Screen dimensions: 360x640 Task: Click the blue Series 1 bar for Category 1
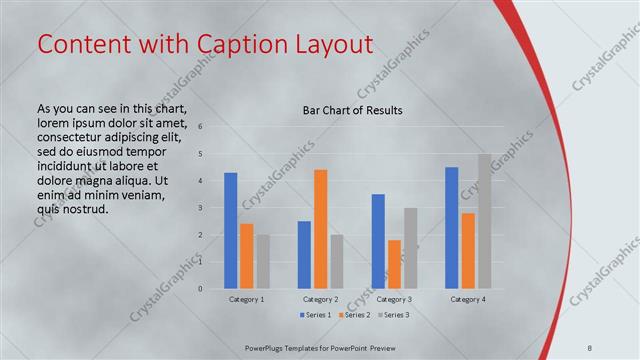tap(231, 231)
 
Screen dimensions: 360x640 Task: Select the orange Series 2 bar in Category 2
tap(321, 229)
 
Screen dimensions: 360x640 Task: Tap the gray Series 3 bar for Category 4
tap(484, 221)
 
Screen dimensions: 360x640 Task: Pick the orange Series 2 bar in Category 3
tap(394, 264)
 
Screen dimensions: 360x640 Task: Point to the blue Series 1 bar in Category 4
tap(452, 228)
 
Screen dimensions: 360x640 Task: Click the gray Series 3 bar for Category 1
tap(262, 262)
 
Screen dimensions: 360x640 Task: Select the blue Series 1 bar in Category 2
tap(304, 255)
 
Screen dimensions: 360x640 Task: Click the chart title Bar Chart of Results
tap(353, 110)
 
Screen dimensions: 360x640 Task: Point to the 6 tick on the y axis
tap(200, 127)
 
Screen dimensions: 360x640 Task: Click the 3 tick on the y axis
tap(200, 208)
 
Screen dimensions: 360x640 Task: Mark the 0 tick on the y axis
tap(200, 289)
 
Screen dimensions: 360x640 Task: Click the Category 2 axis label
tap(320, 299)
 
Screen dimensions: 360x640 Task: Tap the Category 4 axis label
tap(468, 299)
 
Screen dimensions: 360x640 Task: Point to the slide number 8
tap(590, 346)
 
